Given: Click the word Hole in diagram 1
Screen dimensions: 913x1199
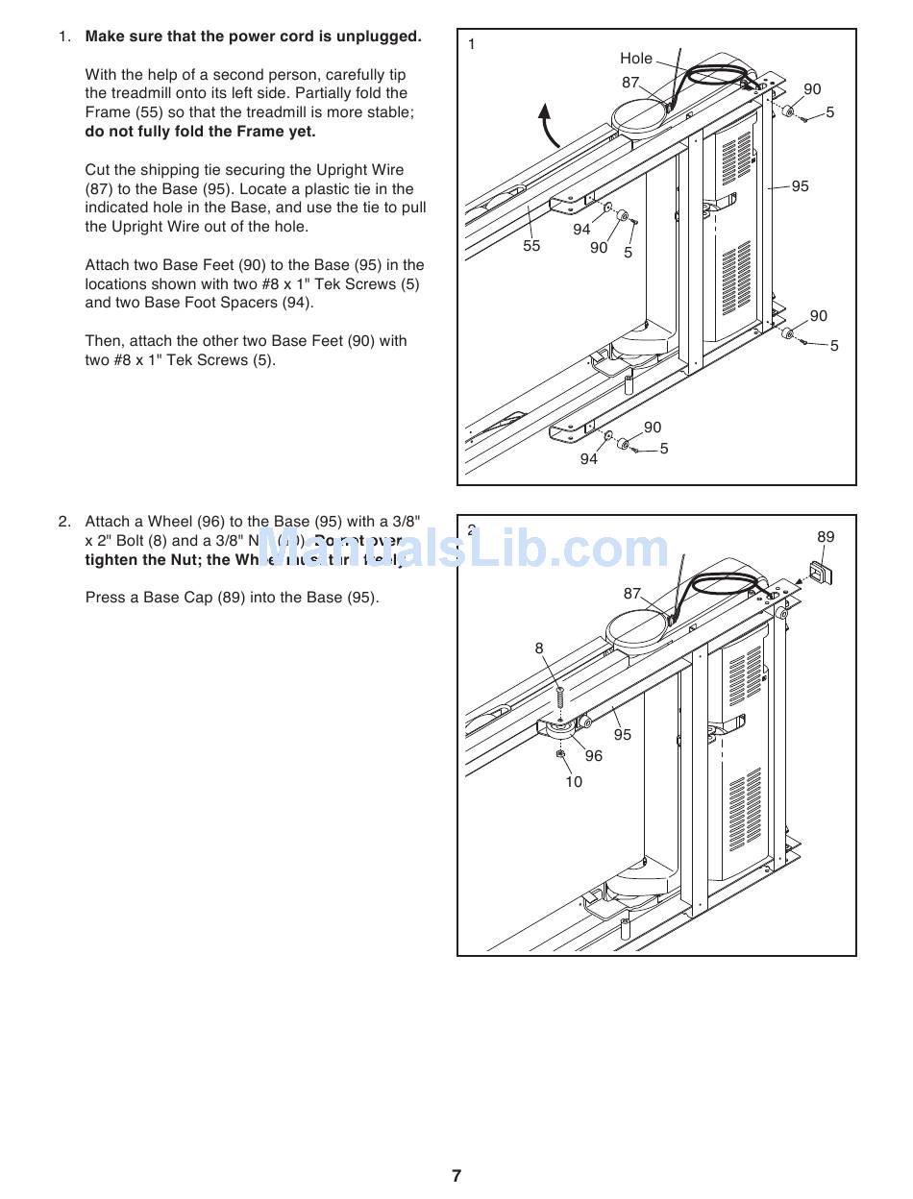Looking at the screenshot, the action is pyautogui.click(x=635, y=59).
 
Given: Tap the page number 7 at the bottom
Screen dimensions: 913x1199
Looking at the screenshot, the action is pyautogui.click(x=456, y=1176).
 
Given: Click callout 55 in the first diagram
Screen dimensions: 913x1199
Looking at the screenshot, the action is pyautogui.click(x=531, y=246).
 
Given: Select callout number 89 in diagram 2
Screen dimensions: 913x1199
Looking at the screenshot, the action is pyautogui.click(x=826, y=537).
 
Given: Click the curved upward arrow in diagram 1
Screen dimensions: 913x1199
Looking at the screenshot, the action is pyautogui.click(x=549, y=125).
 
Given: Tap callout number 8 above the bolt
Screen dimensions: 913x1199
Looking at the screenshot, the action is pyautogui.click(x=539, y=648).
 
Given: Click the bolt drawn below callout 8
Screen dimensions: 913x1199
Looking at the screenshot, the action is pyautogui.click(x=558, y=693).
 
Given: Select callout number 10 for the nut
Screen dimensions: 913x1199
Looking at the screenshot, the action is pyautogui.click(x=573, y=782).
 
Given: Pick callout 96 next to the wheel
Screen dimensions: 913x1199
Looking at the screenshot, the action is pyautogui.click(x=594, y=756).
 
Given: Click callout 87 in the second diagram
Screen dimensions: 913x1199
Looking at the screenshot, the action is pyautogui.click(x=631, y=594).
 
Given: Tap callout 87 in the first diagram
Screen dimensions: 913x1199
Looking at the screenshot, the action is pyautogui.click(x=630, y=83).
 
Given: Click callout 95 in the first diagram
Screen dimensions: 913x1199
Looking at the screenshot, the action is pyautogui.click(x=800, y=186).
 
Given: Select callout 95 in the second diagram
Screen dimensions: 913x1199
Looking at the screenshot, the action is pyautogui.click(x=623, y=735).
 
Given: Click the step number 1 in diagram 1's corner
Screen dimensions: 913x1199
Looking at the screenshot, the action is pyautogui.click(x=472, y=44).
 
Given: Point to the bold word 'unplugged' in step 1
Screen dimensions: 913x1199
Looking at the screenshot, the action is pyautogui.click(x=385, y=37).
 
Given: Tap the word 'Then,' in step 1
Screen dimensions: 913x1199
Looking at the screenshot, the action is pyautogui.click(x=104, y=341).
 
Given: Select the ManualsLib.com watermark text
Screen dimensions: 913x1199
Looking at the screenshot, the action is pyautogui.click(x=461, y=550).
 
